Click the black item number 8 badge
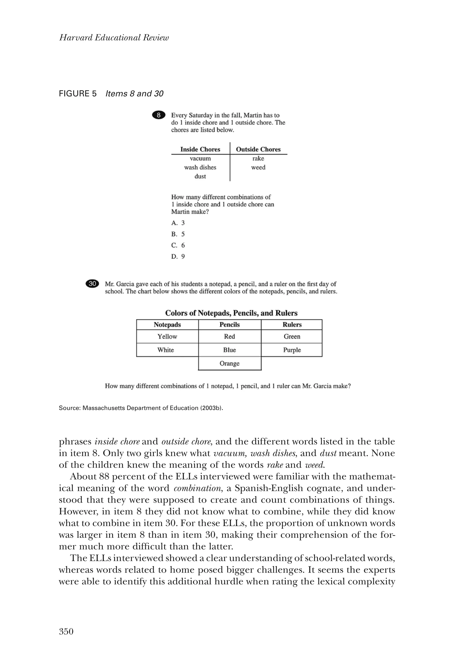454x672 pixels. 159,115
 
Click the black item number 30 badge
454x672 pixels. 92,284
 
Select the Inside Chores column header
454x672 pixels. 200,149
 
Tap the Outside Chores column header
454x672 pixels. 258,149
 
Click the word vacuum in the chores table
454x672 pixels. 200,158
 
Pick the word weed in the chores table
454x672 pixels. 258,167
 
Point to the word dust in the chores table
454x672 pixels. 200,176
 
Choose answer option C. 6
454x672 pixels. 178,245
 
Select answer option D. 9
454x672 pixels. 178,256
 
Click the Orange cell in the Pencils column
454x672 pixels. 229,363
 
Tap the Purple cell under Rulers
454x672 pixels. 292,350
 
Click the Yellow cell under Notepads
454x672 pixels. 167,336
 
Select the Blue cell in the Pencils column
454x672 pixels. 229,350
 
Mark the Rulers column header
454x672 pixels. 292,324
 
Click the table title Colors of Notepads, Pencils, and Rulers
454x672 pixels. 231,313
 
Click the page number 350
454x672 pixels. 66,631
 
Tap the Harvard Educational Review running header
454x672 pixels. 114,38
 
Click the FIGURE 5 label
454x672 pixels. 78,94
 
